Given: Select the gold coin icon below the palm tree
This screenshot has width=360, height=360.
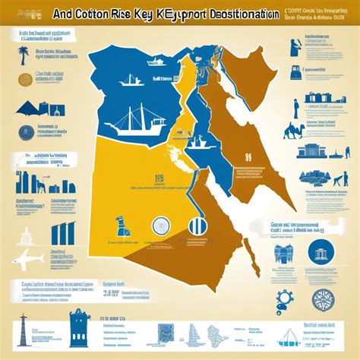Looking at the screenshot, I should click(22, 78).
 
